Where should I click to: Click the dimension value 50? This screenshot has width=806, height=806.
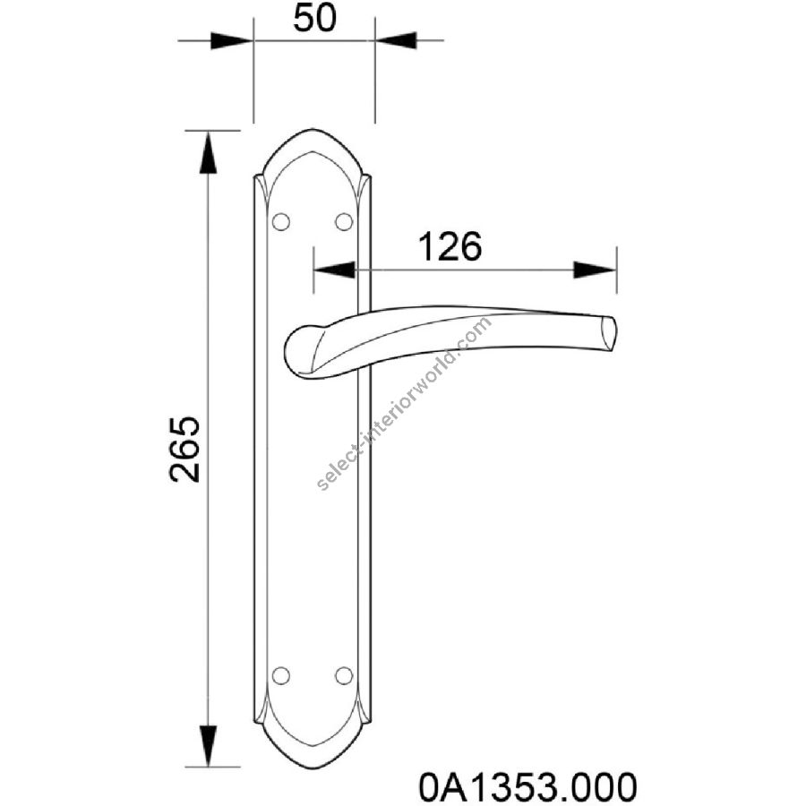pos(314,19)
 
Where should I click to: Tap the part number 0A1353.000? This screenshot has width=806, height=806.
pos(527,786)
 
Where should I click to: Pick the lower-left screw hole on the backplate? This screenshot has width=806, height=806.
pos(280,676)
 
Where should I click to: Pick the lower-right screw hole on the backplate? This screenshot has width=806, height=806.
pos(344,676)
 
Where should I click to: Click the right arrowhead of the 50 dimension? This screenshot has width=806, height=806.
pos(395,40)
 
